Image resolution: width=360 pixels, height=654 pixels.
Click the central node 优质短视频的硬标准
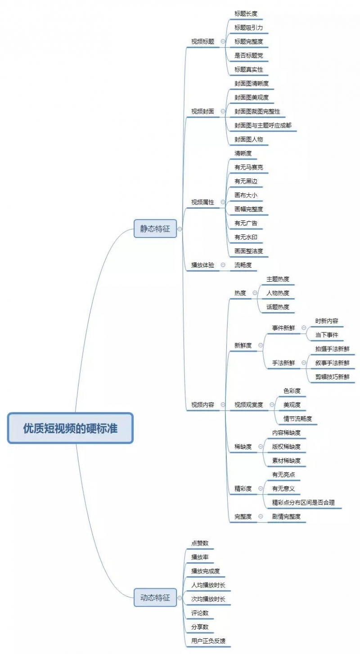70,428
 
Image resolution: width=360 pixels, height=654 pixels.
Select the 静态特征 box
155,228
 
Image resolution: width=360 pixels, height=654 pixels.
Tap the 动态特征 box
155,598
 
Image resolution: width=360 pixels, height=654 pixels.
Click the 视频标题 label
203,41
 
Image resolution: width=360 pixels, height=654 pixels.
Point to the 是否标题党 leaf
249,55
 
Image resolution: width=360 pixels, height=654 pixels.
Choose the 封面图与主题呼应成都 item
263,125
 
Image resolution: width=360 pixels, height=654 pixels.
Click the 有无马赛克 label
249,167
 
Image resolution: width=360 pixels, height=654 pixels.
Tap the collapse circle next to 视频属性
223,202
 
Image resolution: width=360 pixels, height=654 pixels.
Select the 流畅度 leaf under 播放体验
243,265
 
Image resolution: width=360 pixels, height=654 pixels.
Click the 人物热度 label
278,293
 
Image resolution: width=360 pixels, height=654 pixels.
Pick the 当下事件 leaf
326,335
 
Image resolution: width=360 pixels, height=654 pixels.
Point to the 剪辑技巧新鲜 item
332,376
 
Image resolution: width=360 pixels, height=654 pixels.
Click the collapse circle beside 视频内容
223,405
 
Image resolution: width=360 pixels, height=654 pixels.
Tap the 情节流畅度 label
297,419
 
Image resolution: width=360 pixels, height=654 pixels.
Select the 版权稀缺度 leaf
286,447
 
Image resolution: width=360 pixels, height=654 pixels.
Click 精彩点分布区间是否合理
303,502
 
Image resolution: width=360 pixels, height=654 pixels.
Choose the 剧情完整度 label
286,516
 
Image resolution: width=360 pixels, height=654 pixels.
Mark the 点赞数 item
200,543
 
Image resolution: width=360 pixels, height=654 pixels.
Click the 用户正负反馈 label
208,641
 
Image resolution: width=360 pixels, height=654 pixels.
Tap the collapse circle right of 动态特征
180,598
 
